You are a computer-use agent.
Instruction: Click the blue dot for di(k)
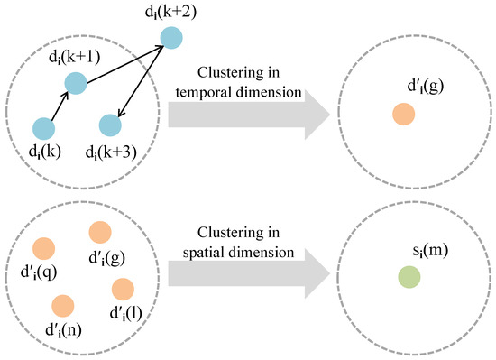[42, 129]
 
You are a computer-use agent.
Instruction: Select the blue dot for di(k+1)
[76, 84]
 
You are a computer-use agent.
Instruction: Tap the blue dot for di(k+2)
[170, 38]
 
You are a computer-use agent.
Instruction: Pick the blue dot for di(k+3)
[109, 125]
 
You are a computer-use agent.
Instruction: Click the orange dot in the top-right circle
[403, 115]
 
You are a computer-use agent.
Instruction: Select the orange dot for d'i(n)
[62, 305]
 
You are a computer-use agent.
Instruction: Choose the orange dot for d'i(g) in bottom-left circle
[100, 233]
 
